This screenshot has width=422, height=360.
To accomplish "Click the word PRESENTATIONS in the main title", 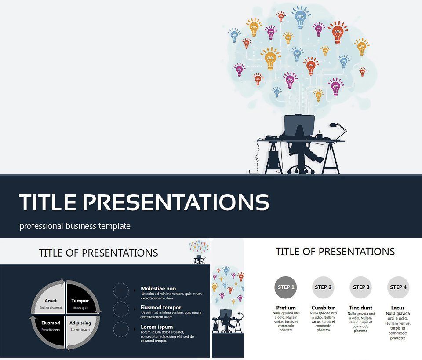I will click(176, 202).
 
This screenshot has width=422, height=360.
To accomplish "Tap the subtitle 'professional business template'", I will click(75, 226).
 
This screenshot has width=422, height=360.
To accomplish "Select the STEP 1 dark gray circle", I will click(286, 287).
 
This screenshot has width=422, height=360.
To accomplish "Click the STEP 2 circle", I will click(324, 287).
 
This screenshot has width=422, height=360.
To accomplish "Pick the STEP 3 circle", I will click(361, 287).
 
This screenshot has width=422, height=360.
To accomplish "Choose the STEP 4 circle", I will click(398, 287).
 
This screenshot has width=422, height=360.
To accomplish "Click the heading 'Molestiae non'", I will click(158, 289).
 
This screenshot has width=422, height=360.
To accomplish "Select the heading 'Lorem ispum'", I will click(156, 327).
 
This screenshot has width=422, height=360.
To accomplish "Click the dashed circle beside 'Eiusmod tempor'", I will click(121, 309).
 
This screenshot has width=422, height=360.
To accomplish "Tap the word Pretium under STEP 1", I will click(286, 308).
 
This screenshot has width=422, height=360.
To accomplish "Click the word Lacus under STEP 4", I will click(398, 308).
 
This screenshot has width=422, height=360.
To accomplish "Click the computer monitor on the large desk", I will click(299, 125).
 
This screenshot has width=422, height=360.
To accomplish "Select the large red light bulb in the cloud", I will click(338, 33).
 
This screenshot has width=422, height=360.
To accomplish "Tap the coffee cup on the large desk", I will click(318, 136).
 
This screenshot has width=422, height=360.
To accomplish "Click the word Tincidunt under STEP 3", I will click(360, 308).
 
